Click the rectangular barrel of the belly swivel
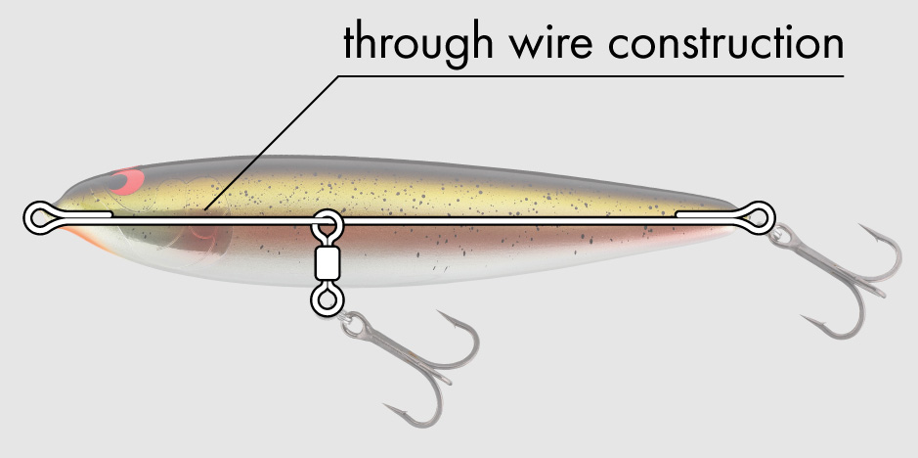click(325, 262)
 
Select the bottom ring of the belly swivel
click(324, 299)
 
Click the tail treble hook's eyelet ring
click(780, 235)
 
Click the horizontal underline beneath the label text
click(587, 75)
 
